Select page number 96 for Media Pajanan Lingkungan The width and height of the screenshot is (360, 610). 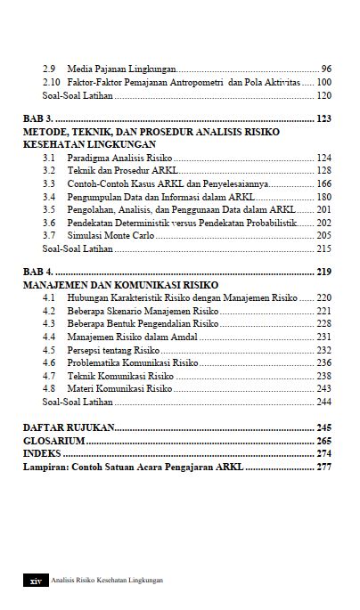pos(325,69)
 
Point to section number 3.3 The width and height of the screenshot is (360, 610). pos(49,183)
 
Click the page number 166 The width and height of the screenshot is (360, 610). pos(323,183)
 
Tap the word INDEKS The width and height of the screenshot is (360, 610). pos(42,453)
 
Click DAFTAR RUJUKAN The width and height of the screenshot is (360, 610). pos(65,427)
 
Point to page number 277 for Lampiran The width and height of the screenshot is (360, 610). pos(323,466)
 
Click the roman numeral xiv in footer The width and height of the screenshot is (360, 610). pos(36,580)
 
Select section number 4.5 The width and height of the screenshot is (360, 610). pos(49,350)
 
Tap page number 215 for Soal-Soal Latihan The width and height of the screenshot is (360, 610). pos(323,248)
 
